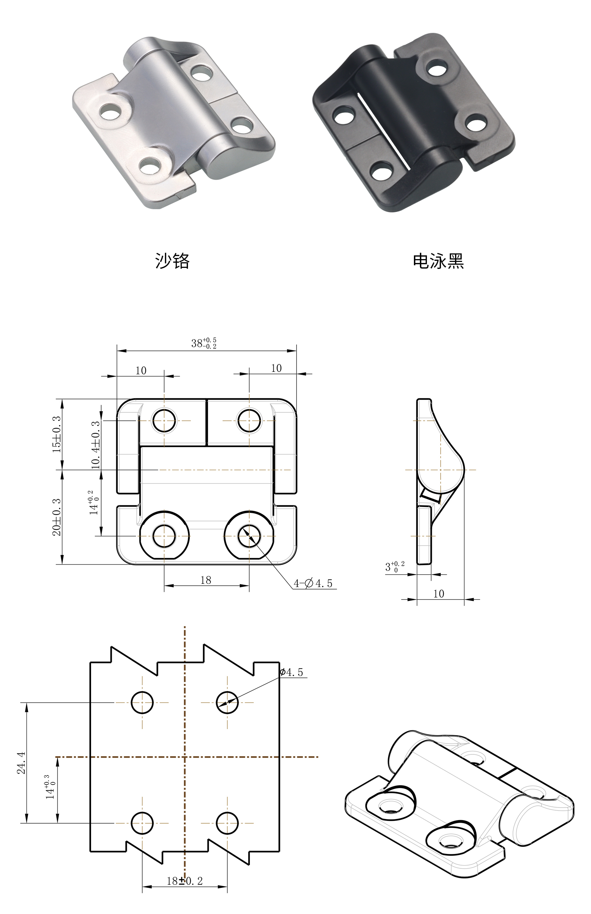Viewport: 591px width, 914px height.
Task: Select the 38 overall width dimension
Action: click(203, 343)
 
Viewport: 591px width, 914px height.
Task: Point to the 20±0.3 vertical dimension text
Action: click(57, 517)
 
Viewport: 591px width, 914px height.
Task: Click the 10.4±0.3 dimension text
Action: click(96, 445)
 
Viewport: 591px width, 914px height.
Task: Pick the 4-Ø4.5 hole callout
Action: click(313, 584)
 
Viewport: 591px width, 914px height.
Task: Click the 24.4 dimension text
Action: click(21, 763)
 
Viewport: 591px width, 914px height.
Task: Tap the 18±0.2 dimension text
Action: click(184, 881)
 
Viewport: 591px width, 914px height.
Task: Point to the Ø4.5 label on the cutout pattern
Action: click(292, 672)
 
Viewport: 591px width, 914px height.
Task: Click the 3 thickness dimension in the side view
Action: click(394, 567)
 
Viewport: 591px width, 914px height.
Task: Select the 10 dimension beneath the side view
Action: click(439, 594)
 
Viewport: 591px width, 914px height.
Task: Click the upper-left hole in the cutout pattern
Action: click(142, 702)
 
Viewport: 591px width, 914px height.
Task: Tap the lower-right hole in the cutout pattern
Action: click(227, 823)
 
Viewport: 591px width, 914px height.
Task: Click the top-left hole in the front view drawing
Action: click(164, 420)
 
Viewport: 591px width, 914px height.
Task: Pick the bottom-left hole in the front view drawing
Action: click(164, 536)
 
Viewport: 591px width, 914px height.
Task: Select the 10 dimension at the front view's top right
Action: click(276, 368)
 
